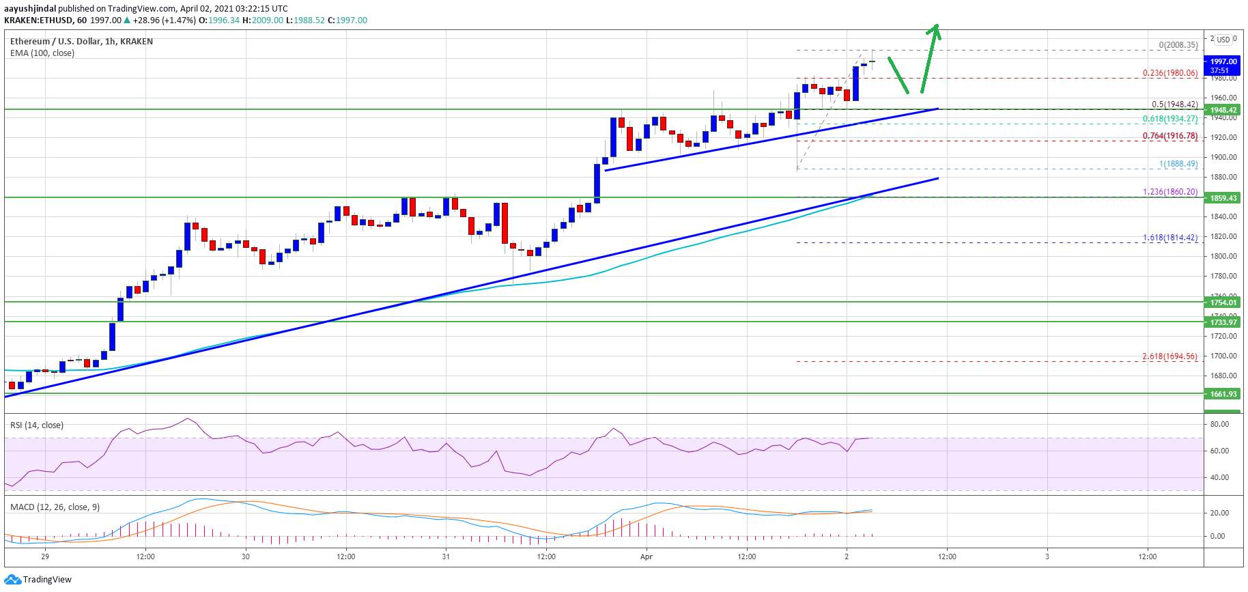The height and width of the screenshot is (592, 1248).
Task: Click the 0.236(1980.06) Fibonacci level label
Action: click(x=1169, y=73)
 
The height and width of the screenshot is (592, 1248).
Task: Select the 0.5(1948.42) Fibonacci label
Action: click(x=1174, y=104)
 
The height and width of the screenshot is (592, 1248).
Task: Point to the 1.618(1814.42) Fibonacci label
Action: click(x=1170, y=238)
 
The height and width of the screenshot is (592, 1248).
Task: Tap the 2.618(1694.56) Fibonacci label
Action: click(x=1169, y=356)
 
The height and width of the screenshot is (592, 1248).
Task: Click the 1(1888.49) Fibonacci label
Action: click(x=1178, y=164)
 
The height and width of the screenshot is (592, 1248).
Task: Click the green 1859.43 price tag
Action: click(x=1223, y=198)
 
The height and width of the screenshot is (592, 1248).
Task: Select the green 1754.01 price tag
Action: click(x=1223, y=302)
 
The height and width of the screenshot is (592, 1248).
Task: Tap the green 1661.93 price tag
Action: click(x=1223, y=394)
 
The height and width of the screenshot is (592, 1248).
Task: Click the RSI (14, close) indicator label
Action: click(x=37, y=425)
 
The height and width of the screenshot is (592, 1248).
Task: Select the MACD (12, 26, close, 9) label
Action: click(x=55, y=507)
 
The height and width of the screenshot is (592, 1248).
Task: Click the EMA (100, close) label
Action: click(x=42, y=53)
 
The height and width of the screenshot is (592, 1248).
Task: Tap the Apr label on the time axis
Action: click(x=647, y=556)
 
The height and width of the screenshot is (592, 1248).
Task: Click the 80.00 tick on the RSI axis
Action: click(x=1219, y=424)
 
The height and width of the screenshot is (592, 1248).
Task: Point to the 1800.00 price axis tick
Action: click(x=1224, y=256)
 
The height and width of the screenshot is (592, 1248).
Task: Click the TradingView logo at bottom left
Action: click(x=38, y=580)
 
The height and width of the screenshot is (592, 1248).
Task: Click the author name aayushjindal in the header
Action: click(x=30, y=9)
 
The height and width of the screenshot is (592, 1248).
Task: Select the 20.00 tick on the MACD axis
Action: click(x=1219, y=513)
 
